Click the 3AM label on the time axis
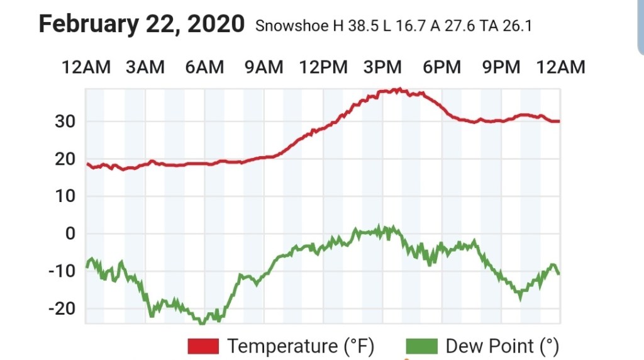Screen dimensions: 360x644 pos(145,67)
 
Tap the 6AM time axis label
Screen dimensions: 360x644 pos(204,67)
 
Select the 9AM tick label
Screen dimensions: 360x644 pos(264,67)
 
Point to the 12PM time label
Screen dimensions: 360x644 pos(323,67)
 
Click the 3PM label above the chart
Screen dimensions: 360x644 pos(382,67)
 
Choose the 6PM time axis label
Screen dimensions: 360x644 pos(441,67)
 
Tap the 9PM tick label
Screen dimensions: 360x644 pos(501,67)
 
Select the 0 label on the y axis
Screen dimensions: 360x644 pos(70,234)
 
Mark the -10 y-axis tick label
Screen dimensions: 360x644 pos(62,271)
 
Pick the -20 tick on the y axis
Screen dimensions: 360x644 pos(62,309)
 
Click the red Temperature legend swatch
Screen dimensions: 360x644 pos(203,346)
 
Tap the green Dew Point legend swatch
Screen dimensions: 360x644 pos(421,346)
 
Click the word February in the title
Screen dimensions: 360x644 pos(92,24)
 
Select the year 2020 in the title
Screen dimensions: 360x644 pos(214,24)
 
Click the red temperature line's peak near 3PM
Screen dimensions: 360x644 pos(397,90)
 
